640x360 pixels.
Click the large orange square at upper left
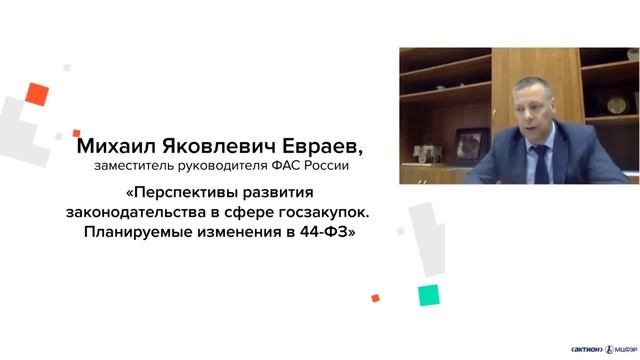(38, 94)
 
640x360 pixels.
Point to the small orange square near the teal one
(375, 297)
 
